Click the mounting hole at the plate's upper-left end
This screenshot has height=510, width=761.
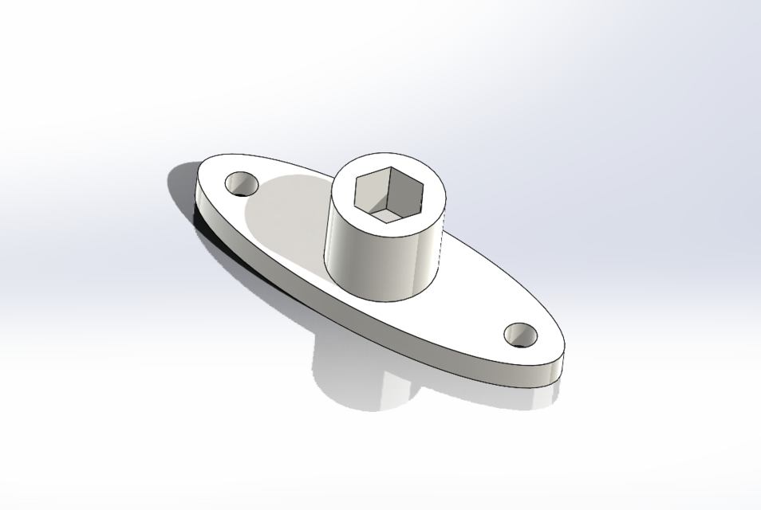point(241,184)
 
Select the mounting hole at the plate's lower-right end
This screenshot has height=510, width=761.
point(521,335)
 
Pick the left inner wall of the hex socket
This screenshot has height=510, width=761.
point(370,196)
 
